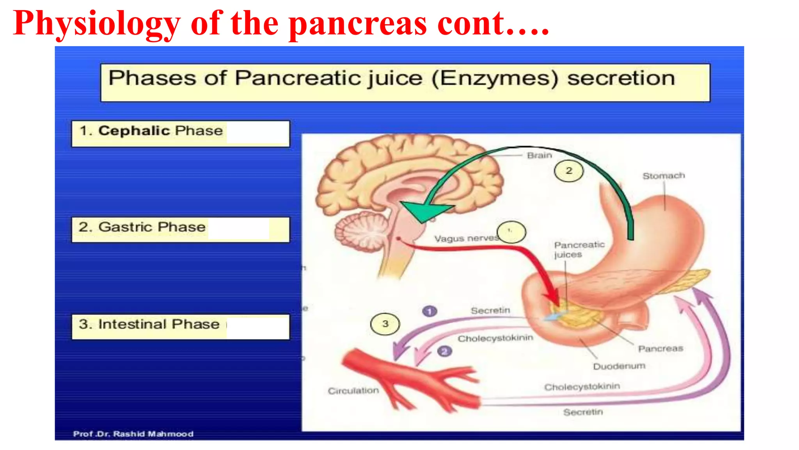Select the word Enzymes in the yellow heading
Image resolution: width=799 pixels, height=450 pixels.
click(x=495, y=78)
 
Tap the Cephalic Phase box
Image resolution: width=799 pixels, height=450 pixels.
click(x=180, y=134)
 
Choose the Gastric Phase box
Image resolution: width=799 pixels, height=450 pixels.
click(x=180, y=230)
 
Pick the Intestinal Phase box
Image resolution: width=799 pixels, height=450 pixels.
click(x=180, y=327)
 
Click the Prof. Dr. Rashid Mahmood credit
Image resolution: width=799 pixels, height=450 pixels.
click(x=133, y=434)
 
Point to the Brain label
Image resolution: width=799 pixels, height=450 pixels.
click(x=540, y=155)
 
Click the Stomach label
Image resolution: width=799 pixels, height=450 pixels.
click(x=664, y=176)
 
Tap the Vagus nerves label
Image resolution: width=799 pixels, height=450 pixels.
click(x=466, y=238)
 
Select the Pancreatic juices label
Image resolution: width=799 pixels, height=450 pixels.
click(x=579, y=250)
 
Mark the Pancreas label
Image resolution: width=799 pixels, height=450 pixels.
click(x=661, y=348)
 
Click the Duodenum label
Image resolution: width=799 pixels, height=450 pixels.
click(x=619, y=366)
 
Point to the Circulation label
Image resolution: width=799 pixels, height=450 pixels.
click(x=353, y=391)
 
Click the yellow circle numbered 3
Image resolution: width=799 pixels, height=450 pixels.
click(x=385, y=324)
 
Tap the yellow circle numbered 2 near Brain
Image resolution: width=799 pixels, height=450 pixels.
click(x=569, y=171)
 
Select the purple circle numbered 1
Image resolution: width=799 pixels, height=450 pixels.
click(x=430, y=311)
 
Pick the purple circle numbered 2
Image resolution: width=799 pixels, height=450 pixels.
click(x=444, y=352)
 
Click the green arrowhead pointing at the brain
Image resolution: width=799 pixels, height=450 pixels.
click(x=424, y=211)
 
